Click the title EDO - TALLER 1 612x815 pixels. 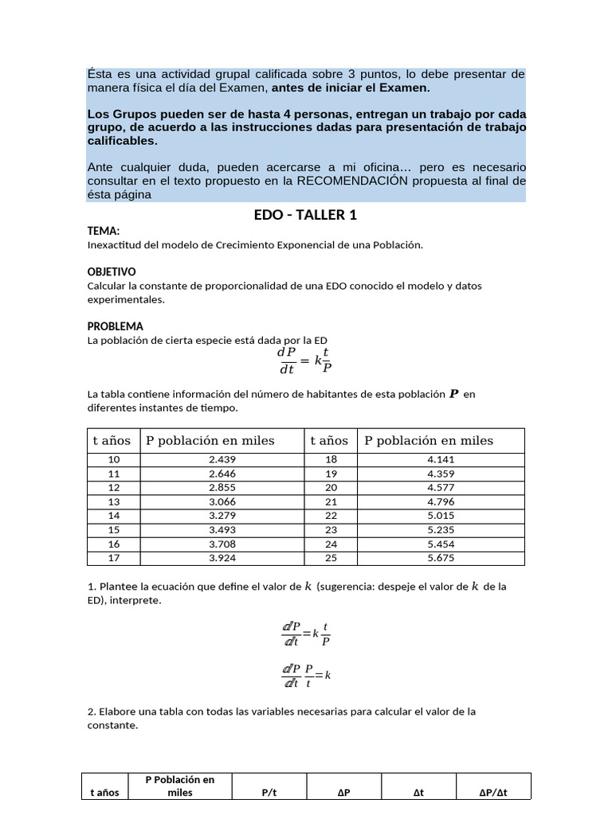tap(306, 215)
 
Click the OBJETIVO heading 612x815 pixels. tap(112, 271)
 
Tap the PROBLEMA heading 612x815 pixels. tap(115, 326)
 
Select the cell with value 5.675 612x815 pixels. tap(441, 558)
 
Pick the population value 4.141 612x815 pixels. tap(441, 459)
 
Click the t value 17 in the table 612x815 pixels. tap(113, 558)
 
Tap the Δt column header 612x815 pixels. tap(419, 793)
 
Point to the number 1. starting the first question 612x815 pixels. tap(91, 587)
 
